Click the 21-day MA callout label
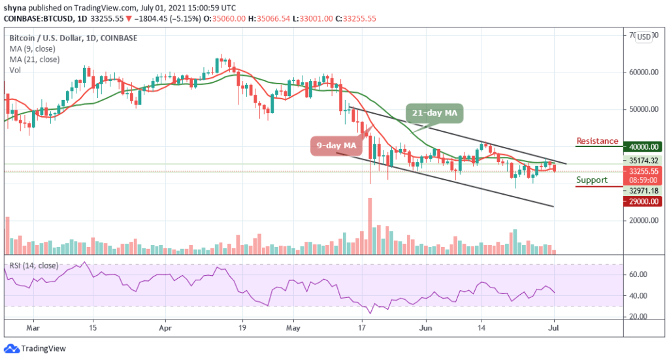(435, 113)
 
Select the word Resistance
(597, 140)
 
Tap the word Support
(592, 180)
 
